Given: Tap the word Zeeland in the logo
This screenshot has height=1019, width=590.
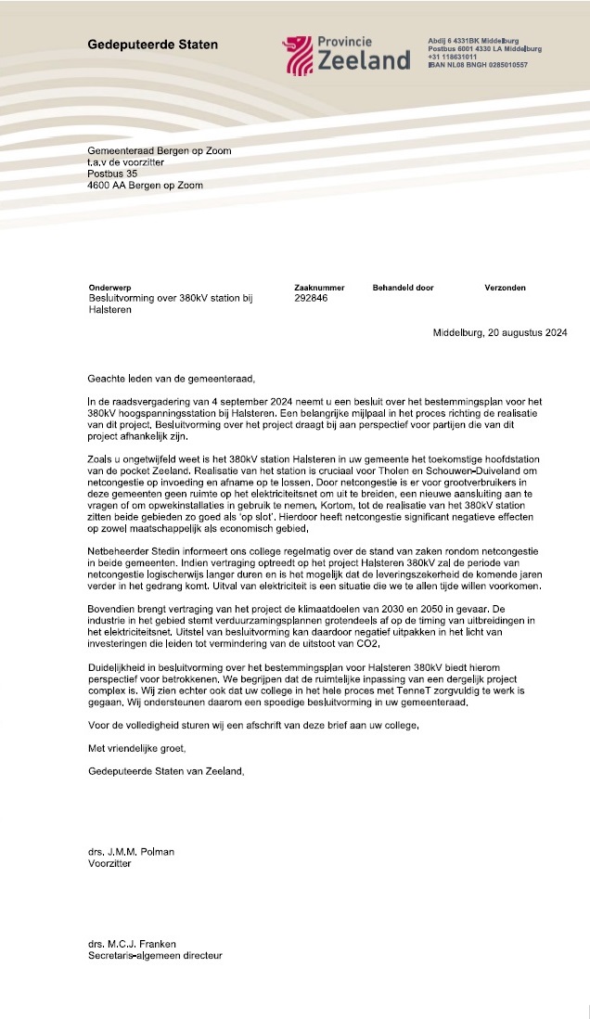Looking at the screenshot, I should [364, 61].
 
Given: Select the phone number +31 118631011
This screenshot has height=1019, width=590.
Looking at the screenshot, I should [453, 57].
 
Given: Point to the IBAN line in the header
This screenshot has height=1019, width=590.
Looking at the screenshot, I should [477, 65].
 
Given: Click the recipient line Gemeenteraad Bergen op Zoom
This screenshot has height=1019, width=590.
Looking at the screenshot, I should [159, 150].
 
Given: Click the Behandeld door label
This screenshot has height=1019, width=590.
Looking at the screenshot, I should [403, 288].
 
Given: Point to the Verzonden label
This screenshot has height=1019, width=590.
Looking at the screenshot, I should [506, 288].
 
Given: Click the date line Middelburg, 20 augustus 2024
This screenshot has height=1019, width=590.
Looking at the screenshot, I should [500, 332].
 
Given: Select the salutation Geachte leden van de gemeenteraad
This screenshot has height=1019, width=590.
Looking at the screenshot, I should [170, 379].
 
